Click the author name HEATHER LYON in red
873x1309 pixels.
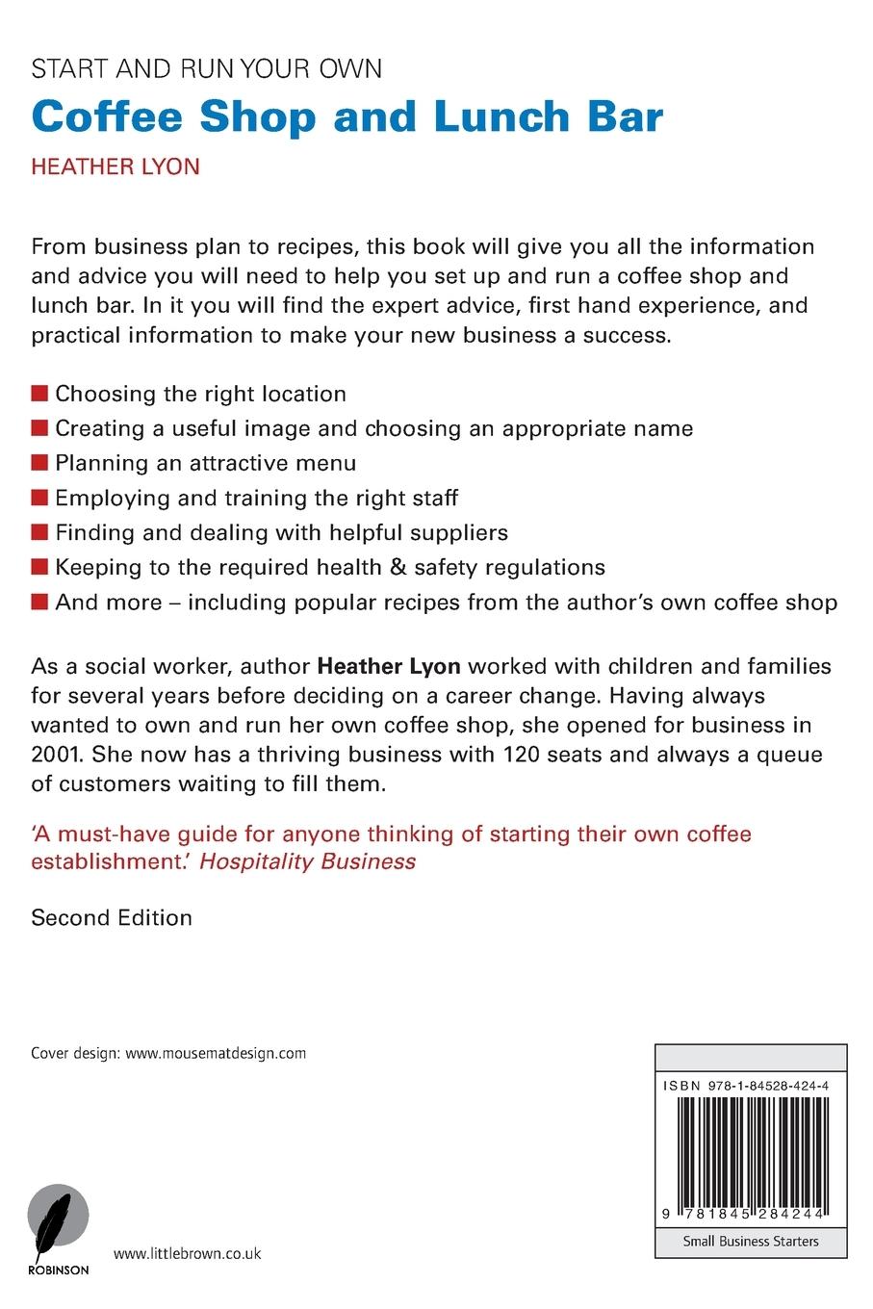click(116, 167)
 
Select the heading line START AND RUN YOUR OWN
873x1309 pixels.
click(206, 69)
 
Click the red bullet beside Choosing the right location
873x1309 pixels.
click(39, 394)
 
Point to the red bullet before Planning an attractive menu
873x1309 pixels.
click(39, 463)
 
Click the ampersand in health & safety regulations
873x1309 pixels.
click(398, 567)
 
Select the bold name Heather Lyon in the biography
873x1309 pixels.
click(389, 666)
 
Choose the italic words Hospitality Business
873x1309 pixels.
click(307, 861)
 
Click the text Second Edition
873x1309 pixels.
click(112, 917)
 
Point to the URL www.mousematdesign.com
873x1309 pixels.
click(216, 1053)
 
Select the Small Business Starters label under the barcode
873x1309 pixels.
click(751, 1242)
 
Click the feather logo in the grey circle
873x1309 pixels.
click(58, 1220)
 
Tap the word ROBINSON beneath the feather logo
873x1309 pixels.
click(58, 1270)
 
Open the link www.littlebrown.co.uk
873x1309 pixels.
click(187, 1254)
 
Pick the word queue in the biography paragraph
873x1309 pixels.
click(786, 754)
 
